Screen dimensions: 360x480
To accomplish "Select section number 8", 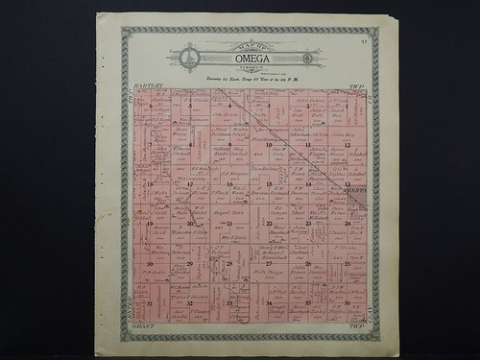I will click(190, 145).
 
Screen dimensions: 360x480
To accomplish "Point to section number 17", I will click(190, 183).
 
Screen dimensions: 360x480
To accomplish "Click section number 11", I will click(307, 145).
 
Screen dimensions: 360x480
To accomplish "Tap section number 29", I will click(190, 263).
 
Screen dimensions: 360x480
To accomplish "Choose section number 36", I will click(347, 303).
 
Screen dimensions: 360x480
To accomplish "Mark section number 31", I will click(151, 303).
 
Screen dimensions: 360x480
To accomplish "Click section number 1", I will click(347, 106).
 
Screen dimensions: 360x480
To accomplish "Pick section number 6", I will click(151, 106).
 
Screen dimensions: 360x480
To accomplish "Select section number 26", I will click(307, 263).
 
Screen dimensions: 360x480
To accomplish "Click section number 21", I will click(229, 223).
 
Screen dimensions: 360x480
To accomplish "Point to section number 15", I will click(269, 183).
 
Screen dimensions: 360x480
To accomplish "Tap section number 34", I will click(269, 303).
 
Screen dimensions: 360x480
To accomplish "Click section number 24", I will click(347, 223).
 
